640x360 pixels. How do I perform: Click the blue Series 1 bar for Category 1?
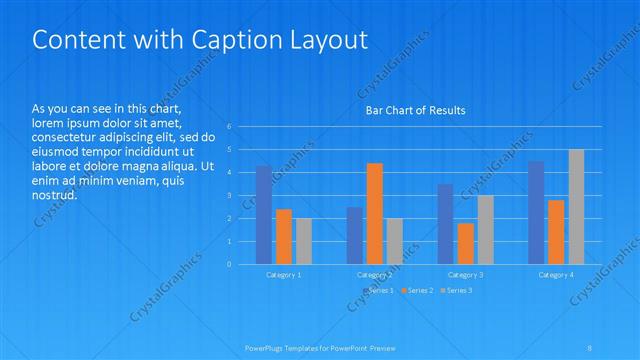tap(263, 215)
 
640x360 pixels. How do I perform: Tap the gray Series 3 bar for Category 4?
tap(576, 207)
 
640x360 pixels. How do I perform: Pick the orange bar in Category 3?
tap(465, 243)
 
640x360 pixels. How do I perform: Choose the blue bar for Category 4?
tap(536, 213)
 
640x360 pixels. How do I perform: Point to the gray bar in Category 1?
tap(303, 241)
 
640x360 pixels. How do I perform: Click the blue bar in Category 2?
tap(355, 235)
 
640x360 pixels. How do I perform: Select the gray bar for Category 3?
tap(485, 230)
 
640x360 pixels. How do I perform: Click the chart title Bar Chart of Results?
tap(414, 110)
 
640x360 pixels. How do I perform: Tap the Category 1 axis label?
tap(283, 274)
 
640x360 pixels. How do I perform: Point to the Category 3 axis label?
tap(465, 274)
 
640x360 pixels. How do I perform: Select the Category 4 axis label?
tap(556, 274)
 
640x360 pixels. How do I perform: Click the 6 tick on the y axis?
tap(229, 127)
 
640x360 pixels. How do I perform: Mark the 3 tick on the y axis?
tap(229, 195)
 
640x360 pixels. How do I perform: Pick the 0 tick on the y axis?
tap(229, 264)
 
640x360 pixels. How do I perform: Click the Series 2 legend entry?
tap(418, 290)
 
